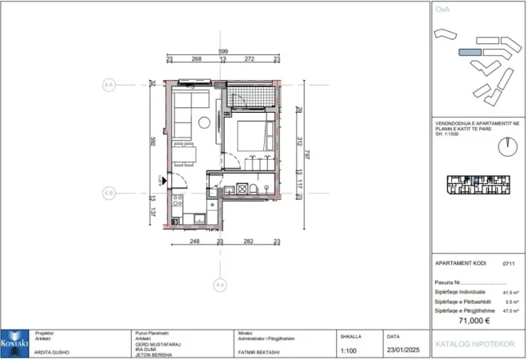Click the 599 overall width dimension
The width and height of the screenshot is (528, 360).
point(222,51)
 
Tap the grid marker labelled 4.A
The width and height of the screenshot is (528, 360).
point(110,84)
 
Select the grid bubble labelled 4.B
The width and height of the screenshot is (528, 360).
point(110,193)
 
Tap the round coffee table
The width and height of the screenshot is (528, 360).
point(205,122)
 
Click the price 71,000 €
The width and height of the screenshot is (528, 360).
point(474,320)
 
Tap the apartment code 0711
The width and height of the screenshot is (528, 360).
point(507,262)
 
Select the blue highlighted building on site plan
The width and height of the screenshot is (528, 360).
point(470,51)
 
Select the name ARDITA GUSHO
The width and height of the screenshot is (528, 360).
point(53,353)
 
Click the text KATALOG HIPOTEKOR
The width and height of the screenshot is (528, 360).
point(474,344)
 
